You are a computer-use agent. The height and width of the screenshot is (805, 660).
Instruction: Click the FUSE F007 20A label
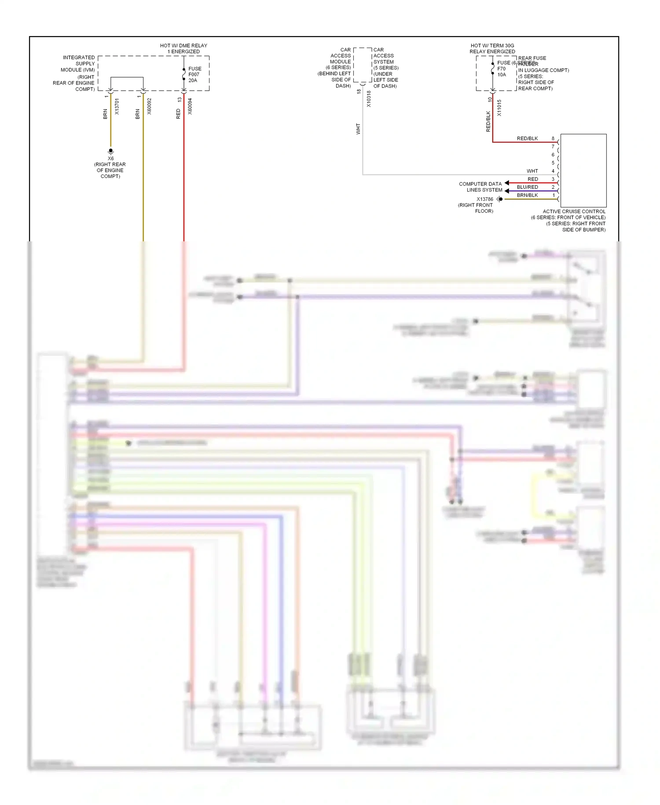click(x=194, y=74)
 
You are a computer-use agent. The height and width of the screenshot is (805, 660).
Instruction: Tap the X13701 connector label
click(x=117, y=107)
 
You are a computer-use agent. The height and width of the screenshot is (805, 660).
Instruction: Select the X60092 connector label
click(x=149, y=107)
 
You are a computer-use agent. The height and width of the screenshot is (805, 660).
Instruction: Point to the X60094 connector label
click(x=190, y=107)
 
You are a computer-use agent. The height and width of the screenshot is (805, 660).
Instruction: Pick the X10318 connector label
click(x=369, y=99)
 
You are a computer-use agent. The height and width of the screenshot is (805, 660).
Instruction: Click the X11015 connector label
click(x=499, y=108)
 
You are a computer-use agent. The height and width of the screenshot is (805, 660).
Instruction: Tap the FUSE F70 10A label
click(x=502, y=69)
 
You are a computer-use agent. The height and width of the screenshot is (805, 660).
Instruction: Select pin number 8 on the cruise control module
click(x=553, y=138)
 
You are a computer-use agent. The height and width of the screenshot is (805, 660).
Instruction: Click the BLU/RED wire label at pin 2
click(x=527, y=187)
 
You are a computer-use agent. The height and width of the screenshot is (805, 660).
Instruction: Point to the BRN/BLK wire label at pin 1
click(x=527, y=195)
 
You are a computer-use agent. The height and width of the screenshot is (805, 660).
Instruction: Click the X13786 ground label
click(x=484, y=199)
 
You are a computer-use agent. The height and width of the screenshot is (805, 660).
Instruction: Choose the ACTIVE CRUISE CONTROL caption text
click(x=574, y=211)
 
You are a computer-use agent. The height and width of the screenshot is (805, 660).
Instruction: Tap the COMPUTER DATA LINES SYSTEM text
click(x=480, y=187)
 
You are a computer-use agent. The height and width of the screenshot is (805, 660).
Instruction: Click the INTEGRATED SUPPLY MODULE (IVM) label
click(x=78, y=63)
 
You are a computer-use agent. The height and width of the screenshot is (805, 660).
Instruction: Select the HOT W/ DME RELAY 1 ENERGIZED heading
click(x=183, y=48)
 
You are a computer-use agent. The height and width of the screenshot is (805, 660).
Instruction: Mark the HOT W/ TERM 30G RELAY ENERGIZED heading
click(x=492, y=48)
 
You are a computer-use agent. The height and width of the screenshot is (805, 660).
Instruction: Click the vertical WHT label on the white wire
click(x=358, y=129)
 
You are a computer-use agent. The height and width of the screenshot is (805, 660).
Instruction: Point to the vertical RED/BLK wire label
click(x=488, y=121)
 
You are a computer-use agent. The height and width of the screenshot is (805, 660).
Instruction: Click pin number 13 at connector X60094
click(x=180, y=100)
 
